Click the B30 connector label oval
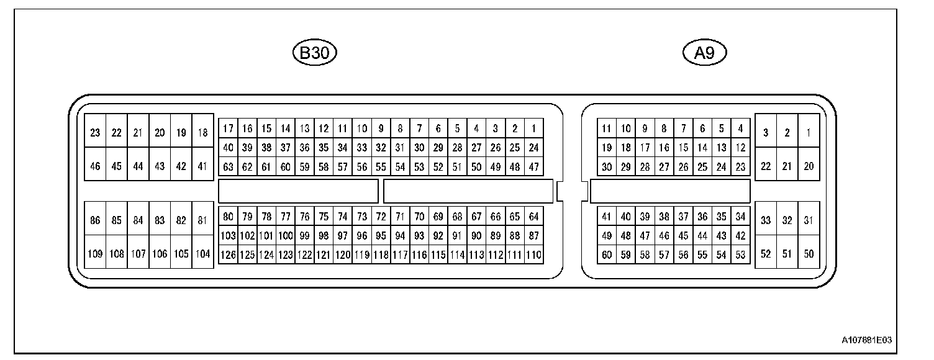[x=314, y=53]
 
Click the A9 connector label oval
[x=705, y=53]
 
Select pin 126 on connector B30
[x=228, y=254]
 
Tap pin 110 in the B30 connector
[x=533, y=254]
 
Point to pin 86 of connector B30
[x=95, y=220]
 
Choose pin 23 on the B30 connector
[x=95, y=132]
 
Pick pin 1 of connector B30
[x=533, y=129]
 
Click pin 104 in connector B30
[x=202, y=254]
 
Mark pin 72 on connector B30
[x=381, y=217]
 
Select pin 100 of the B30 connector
[x=285, y=236]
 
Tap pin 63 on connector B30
[x=228, y=166]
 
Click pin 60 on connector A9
[x=607, y=254]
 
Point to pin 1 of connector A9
[x=808, y=132]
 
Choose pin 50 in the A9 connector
[x=808, y=254]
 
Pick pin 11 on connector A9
[x=607, y=129]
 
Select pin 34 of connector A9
[x=740, y=217]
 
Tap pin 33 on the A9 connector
[x=766, y=220]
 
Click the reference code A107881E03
[x=866, y=340]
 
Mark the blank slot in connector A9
[x=670, y=191]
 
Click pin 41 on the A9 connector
[x=607, y=217]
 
